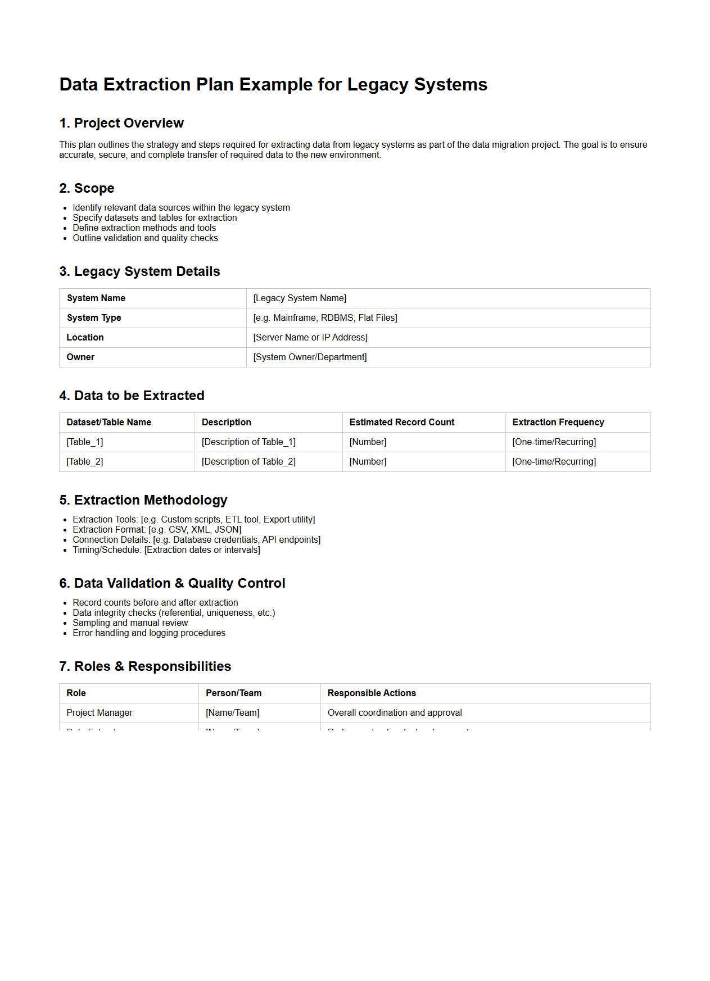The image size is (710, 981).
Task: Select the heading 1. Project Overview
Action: coord(121,123)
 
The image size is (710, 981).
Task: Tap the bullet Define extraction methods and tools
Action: coord(144,228)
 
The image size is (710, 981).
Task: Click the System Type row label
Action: coord(94,318)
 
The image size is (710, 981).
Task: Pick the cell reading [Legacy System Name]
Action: coord(300,298)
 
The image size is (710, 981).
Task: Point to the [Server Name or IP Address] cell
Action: coord(310,338)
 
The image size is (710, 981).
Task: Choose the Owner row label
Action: coord(80,357)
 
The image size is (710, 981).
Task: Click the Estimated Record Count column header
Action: coord(401,423)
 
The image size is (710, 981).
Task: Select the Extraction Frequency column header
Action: coord(558,423)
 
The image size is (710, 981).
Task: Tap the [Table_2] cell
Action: coord(85,462)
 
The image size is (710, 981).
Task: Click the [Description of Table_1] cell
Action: coord(248,442)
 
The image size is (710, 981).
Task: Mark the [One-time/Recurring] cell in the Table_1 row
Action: coord(554,442)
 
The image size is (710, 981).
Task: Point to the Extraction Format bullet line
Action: coord(157,530)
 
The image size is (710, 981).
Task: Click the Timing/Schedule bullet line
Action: coord(166,550)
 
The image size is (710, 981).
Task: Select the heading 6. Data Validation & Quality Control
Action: coord(172,583)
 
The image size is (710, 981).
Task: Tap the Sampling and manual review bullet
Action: coord(130,623)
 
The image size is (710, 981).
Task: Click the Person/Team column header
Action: coord(233,693)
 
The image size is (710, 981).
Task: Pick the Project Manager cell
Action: coord(100,713)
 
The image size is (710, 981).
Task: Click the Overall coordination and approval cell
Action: coord(395,713)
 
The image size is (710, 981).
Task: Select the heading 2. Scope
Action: coord(87,188)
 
